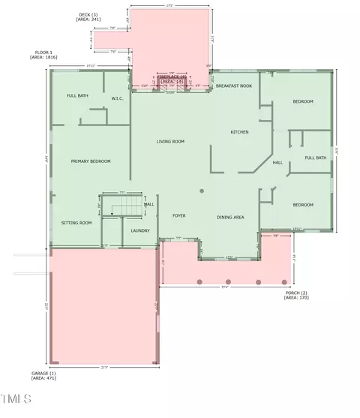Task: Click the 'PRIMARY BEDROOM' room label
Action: (x=91, y=161)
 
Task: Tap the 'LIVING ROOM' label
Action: (x=170, y=141)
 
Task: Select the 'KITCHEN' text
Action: (x=239, y=132)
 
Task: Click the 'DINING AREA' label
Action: (x=230, y=217)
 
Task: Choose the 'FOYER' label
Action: (x=179, y=216)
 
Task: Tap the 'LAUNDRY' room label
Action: (x=140, y=230)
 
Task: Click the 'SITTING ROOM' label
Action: (x=76, y=223)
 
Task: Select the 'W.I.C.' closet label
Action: (x=118, y=98)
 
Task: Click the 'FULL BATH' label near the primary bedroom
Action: (x=77, y=95)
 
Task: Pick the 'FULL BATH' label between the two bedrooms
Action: (x=316, y=158)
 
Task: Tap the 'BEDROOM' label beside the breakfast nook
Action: (x=303, y=101)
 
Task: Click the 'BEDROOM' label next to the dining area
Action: (x=303, y=205)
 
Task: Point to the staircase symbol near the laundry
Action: (x=121, y=203)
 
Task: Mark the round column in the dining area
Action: (x=202, y=191)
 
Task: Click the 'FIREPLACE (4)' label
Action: (x=171, y=77)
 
